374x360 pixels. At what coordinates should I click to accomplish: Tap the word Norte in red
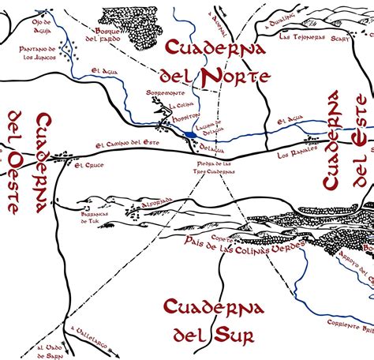point(236,77)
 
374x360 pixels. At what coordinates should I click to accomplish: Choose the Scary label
point(341,36)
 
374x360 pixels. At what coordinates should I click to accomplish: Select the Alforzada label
point(155,202)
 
